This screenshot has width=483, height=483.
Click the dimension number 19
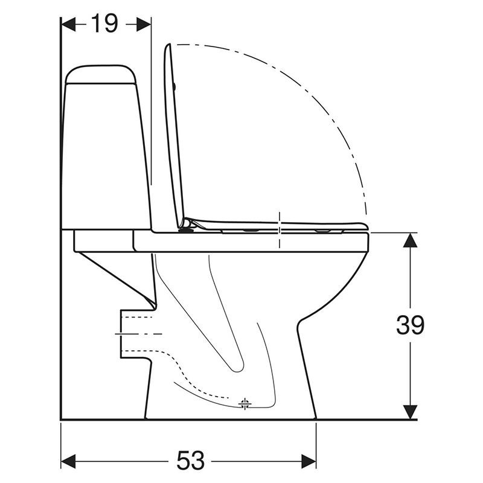pos(104,24)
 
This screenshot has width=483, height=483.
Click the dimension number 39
pos(410,325)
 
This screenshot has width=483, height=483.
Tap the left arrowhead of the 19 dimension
pos(68,24)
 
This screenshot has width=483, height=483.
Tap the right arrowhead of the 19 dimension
pos(144,24)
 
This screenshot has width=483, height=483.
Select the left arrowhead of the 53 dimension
pos(68,461)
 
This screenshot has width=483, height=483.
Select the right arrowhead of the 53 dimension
pos(309,461)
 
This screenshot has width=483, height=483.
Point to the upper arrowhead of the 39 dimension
pos(410,240)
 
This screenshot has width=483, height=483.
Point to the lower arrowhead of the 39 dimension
pos(410,412)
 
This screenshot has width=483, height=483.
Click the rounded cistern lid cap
pos(101,74)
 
